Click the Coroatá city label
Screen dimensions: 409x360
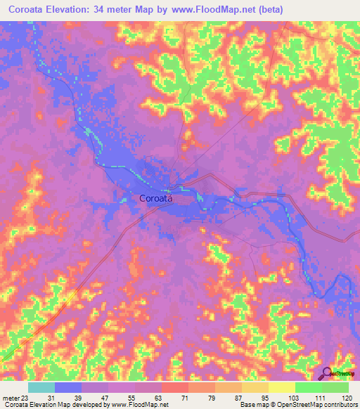(156, 198)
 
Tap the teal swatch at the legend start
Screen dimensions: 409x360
(41, 387)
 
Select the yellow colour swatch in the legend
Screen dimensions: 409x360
(282, 387)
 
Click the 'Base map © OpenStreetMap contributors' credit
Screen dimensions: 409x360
(299, 404)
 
